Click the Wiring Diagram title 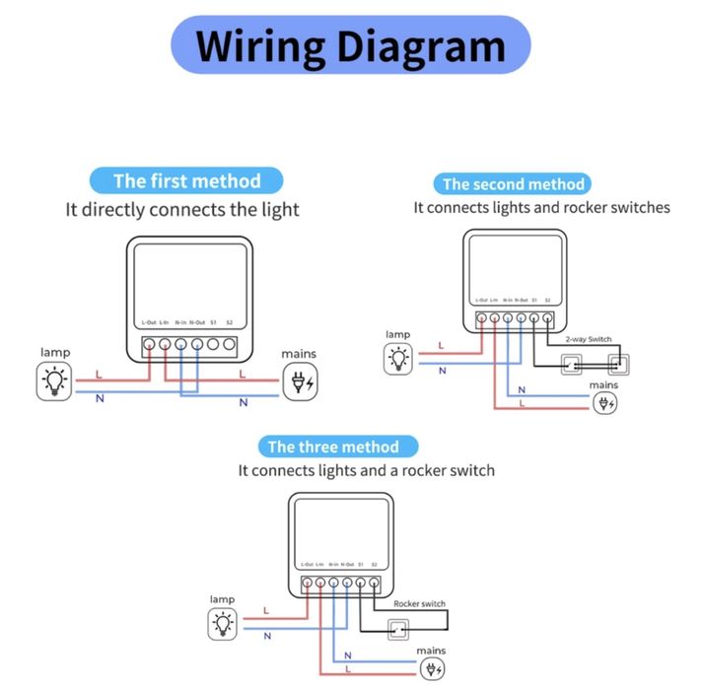pos(350,45)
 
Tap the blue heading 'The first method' pos(186,180)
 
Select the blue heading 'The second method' pos(513,183)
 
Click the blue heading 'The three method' pos(333,447)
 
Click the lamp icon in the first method pos(54,380)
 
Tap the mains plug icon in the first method pos(299,380)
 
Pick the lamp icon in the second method pos(398,359)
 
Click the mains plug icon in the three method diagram pos(432,669)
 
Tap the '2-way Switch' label pos(588,339)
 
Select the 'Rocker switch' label pos(419,603)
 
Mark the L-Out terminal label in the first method pos(149,322)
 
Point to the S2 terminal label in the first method pos(229,322)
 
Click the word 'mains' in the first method pos(299,352)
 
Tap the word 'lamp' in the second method pos(397,335)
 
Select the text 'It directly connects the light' pos(182,209)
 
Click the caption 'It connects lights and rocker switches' pos(541,208)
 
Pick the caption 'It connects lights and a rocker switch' pos(366,470)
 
